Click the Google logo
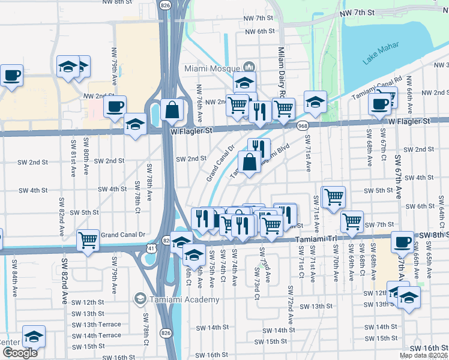[20, 353]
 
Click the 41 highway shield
[150, 246]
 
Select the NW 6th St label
[259, 31]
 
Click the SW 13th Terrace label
[97, 324]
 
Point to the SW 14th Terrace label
[97, 335]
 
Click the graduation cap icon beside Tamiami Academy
[140, 298]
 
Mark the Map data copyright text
[423, 354]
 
